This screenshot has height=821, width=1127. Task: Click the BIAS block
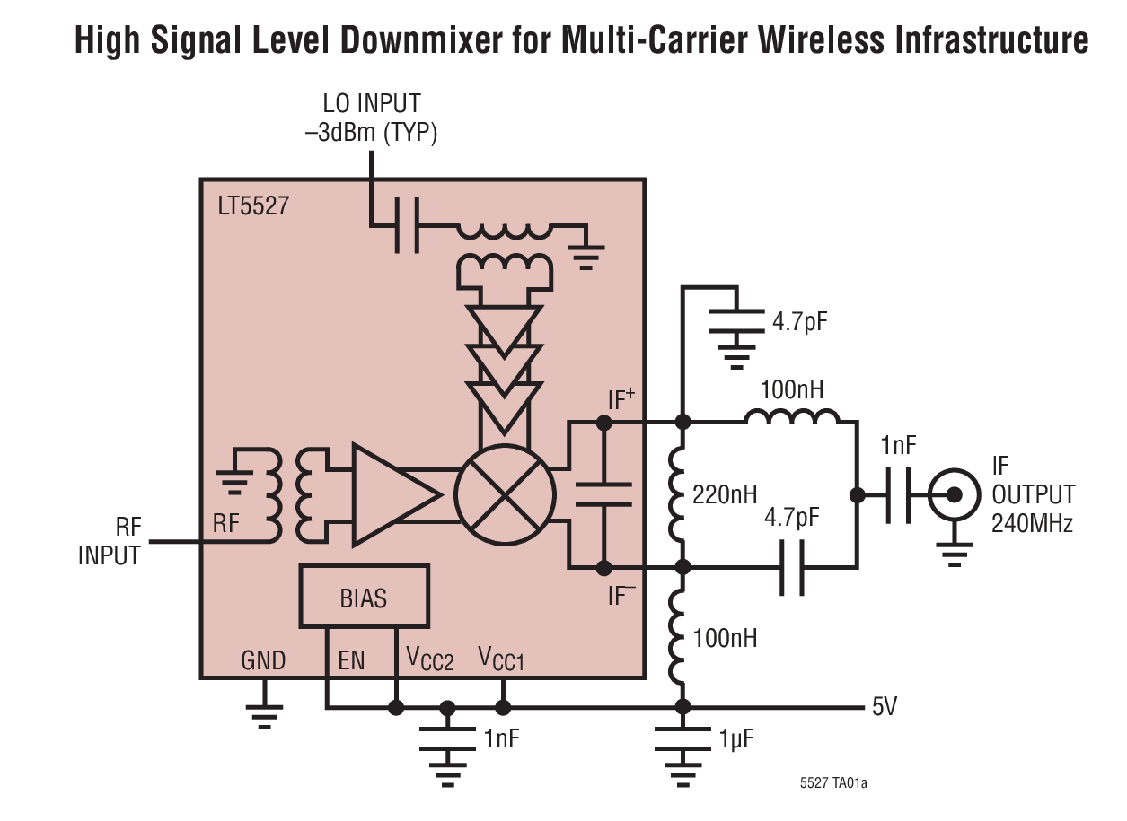[x=364, y=597]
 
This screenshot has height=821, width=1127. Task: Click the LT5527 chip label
[x=253, y=206]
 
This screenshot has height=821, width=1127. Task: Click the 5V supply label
[x=884, y=707]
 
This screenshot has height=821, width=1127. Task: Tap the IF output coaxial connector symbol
[x=952, y=493]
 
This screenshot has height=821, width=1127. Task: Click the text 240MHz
[x=1032, y=524]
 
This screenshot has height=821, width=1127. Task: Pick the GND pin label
[x=262, y=661]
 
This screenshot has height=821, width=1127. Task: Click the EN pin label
[x=351, y=661]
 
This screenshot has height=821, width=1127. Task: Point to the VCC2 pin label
[x=430, y=661]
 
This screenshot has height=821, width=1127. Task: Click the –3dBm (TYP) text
[x=370, y=134]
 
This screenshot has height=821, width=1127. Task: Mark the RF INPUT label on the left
[x=109, y=541]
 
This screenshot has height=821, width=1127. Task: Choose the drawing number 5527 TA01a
[x=833, y=783]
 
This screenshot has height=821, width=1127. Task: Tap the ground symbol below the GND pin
[x=264, y=714]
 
